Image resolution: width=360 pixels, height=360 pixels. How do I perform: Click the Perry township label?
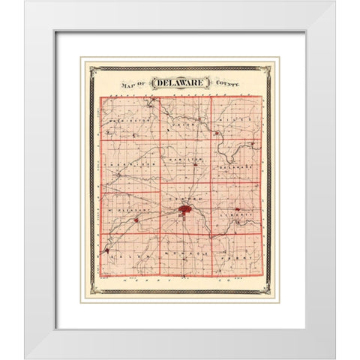tap(238, 262)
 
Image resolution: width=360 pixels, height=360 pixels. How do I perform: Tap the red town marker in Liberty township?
tap(237, 209)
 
